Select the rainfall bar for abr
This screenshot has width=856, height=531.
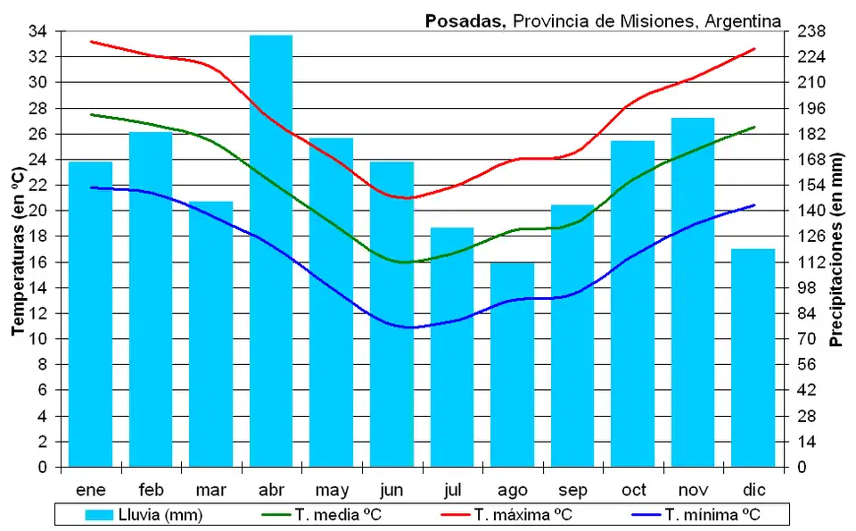point(271,250)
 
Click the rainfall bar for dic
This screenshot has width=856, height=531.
point(753,357)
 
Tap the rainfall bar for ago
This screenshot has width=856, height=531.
point(512,364)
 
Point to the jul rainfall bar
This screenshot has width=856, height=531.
point(452,346)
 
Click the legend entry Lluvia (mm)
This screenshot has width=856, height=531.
point(144,515)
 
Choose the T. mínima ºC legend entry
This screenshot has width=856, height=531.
point(696,515)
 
